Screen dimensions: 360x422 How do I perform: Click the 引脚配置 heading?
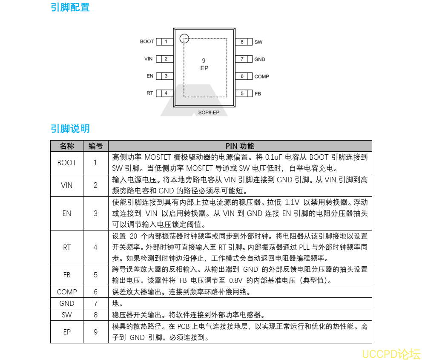(70, 7)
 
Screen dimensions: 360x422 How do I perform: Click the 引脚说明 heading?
(70, 129)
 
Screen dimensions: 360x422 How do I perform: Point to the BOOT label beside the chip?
(147, 42)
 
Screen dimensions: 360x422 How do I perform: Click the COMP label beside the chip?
(261, 77)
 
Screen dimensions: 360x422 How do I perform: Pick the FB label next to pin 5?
(258, 94)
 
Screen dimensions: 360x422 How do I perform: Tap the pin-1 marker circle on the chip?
(184, 38)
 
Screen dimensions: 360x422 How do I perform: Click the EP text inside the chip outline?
(204, 68)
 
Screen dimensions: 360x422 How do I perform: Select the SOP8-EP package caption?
(209, 113)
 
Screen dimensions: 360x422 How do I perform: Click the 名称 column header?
(67, 146)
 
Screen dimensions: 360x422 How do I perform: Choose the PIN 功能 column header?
(240, 146)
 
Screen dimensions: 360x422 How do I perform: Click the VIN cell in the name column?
(67, 185)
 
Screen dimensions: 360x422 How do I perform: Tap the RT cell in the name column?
(67, 247)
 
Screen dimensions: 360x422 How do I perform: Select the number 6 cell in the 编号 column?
(95, 292)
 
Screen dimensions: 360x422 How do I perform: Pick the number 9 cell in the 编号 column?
(95, 331)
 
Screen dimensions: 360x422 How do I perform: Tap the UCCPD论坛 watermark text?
(391, 354)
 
